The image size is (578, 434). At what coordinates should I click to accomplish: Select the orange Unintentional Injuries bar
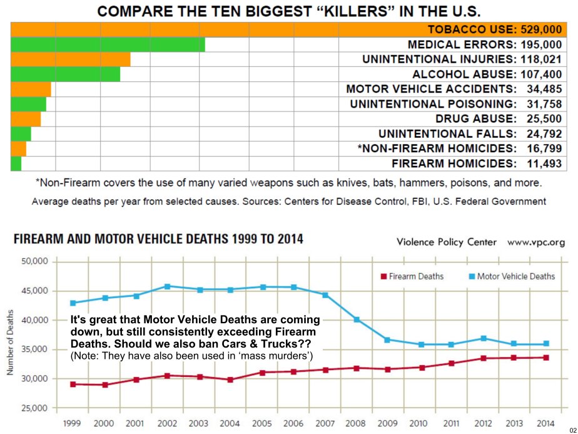click(71, 59)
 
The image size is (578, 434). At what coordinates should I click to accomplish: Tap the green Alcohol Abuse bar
click(65, 74)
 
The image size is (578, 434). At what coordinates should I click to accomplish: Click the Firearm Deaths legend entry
click(412, 276)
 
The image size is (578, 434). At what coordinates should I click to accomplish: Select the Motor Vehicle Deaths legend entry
click(511, 276)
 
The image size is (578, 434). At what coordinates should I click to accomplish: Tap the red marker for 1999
click(73, 384)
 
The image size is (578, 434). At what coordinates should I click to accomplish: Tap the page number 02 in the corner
click(572, 429)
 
